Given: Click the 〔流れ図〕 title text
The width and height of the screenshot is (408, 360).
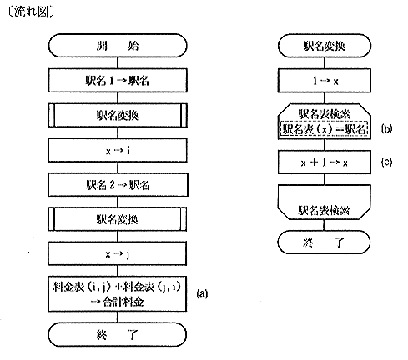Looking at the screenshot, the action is pyautogui.click(x=31, y=12).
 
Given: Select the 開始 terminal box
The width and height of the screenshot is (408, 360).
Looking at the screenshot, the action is pyautogui.click(x=118, y=46).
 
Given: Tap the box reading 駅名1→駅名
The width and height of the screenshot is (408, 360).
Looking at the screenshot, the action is pyautogui.click(x=118, y=81).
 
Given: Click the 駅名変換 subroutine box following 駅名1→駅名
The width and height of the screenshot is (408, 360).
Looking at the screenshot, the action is pyautogui.click(x=118, y=115).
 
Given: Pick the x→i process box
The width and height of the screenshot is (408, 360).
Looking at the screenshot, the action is pyautogui.click(x=118, y=150).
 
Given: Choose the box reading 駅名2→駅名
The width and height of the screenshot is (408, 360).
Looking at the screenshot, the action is pyautogui.click(x=118, y=185).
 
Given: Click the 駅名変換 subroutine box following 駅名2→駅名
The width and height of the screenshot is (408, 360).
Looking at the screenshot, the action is pyautogui.click(x=118, y=219).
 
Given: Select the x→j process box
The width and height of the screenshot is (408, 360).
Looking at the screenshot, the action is pyautogui.click(x=117, y=253).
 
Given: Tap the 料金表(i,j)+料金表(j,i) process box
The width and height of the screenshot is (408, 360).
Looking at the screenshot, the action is pyautogui.click(x=117, y=293).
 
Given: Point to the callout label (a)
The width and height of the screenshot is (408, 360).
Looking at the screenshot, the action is pyautogui.click(x=202, y=293).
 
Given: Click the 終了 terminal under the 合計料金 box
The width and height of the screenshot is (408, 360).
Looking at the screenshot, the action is pyautogui.click(x=117, y=334).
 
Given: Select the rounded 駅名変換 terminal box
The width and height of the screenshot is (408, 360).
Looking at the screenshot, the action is pyautogui.click(x=325, y=46).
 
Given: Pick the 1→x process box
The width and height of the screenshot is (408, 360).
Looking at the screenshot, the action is pyautogui.click(x=325, y=81).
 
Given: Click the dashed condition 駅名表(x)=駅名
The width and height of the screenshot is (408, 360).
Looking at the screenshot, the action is pyautogui.click(x=325, y=129).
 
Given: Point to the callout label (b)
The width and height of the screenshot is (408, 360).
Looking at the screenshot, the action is pyautogui.click(x=386, y=128).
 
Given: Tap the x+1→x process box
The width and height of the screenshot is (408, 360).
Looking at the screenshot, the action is pyautogui.click(x=325, y=162).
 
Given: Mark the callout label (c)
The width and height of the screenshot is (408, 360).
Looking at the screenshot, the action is pyautogui.click(x=386, y=162).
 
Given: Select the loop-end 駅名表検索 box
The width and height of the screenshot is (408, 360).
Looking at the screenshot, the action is pyautogui.click(x=325, y=202).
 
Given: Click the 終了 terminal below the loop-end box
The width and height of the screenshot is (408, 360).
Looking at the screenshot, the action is pyautogui.click(x=324, y=242).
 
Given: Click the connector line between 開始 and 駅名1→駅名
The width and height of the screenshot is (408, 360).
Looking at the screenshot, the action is pyautogui.click(x=118, y=63).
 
